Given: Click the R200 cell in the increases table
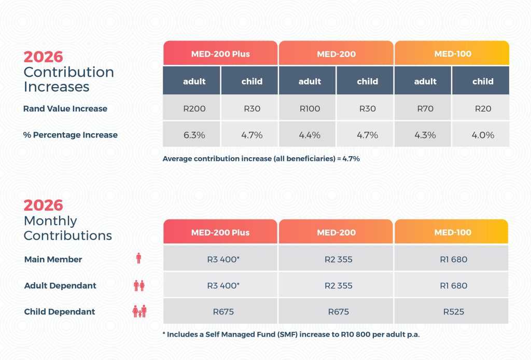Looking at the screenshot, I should click(194, 109).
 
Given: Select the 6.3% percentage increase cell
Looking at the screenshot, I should click(194, 135).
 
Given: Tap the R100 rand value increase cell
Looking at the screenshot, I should click(310, 109).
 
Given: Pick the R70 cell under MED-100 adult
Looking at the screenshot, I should click(425, 109).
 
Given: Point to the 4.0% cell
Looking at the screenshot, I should click(483, 135).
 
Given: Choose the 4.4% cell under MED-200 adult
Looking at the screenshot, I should click(310, 135).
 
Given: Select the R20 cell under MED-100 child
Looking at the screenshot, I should click(483, 109).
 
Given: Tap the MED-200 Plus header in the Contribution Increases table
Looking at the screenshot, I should click(220, 54).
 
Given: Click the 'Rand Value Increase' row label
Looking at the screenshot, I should click(65, 109).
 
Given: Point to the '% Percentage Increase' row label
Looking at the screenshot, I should click(71, 135).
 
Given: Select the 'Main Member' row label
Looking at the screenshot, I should click(53, 259).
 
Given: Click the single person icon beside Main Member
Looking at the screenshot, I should click(138, 258).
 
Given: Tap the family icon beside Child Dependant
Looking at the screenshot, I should click(139, 311).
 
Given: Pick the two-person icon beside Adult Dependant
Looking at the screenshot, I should click(139, 285).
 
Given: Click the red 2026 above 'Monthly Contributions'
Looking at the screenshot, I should click(43, 205).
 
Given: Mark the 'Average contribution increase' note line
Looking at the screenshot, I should click(261, 159).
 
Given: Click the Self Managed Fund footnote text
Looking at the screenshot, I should click(291, 335).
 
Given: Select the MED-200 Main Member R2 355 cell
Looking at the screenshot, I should click(336, 259).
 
